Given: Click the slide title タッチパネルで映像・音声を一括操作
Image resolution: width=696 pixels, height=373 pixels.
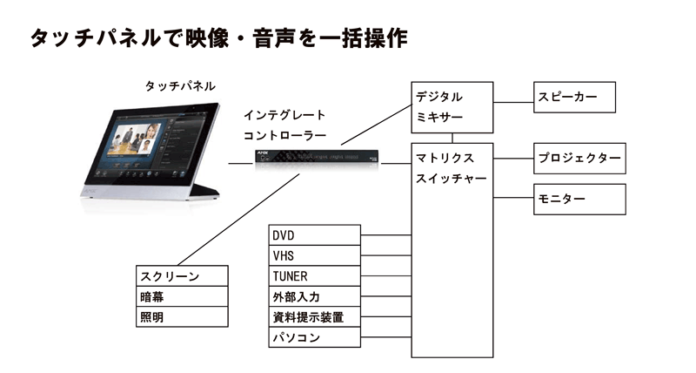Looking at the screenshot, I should (217, 38).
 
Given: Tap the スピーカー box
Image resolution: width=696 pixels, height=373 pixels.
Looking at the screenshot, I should (574, 97).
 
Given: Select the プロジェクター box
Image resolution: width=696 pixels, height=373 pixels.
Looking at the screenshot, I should (579, 159).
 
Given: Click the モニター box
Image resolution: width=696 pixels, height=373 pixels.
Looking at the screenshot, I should (579, 200).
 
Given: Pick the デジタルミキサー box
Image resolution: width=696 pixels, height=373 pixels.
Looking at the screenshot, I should (452, 106).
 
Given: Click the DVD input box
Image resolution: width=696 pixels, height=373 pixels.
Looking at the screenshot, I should (314, 235).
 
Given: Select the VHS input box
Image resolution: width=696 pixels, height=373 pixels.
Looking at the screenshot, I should (314, 255).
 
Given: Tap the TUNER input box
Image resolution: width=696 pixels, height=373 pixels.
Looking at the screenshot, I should (314, 276).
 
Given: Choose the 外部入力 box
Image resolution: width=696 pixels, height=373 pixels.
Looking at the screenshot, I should (314, 297).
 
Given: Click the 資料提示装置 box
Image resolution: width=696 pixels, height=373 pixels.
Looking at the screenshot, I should (314, 317).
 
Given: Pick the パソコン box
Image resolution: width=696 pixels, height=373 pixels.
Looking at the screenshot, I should (314, 338).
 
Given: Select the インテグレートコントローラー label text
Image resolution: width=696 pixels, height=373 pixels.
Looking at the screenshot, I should (284, 125).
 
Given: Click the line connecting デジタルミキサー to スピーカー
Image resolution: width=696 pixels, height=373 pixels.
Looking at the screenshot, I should (513, 97).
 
